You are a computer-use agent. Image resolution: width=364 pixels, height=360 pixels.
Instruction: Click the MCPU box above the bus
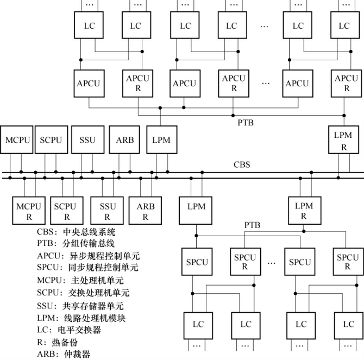pyautogui.click(x=16, y=140)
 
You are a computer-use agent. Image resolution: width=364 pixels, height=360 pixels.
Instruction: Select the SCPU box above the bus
pyautogui.click(x=51, y=140)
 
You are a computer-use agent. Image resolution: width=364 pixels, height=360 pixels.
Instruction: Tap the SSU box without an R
pyautogui.click(x=87, y=140)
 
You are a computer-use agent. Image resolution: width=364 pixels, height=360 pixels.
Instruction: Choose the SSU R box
pyautogui.click(x=108, y=212)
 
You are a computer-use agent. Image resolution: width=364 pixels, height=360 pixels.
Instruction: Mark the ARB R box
pyautogui.click(x=146, y=212)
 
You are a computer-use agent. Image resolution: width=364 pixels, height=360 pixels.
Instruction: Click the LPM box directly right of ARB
pyautogui.click(x=161, y=140)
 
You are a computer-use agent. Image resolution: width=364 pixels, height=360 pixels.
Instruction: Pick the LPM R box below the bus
pyautogui.click(x=304, y=212)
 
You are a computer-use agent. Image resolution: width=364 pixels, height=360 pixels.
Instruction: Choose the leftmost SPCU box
pyautogui.click(x=197, y=262)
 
